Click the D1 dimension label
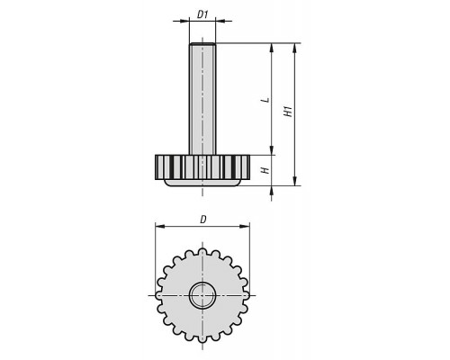[202, 14]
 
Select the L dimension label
[265, 100]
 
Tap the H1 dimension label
[288, 111]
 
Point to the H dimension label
[265, 170]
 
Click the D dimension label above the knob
[203, 220]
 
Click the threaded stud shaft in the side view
[202, 99]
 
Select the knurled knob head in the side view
[202, 167]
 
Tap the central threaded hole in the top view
[202, 295]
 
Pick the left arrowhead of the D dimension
[160, 226]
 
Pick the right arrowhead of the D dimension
[245, 226]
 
